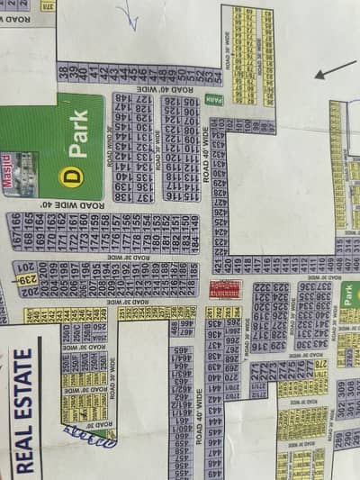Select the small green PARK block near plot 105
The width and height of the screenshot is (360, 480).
pos(213,100)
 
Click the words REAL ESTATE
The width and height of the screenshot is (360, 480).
pos(26,410)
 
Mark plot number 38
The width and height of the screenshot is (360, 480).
pos(61,73)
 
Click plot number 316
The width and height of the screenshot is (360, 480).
pos(256,346)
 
